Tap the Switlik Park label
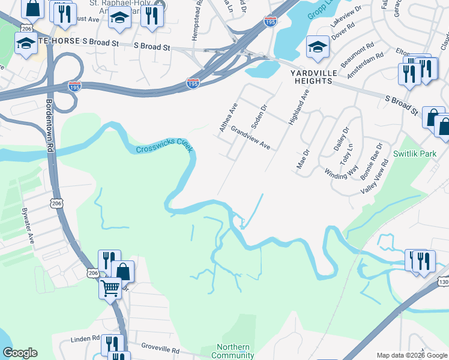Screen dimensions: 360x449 tap(414, 154)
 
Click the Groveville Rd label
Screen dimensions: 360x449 tap(160, 347)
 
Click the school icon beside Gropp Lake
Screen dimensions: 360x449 tap(317, 47)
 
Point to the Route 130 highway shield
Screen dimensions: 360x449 tap(443, 281)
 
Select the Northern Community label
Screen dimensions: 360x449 tap(234, 351)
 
